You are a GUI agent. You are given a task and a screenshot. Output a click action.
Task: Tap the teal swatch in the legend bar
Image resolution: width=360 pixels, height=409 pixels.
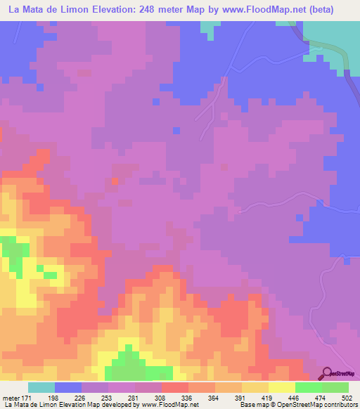(41, 387)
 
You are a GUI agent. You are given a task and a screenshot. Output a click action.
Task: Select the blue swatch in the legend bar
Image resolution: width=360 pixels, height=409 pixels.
(68, 387)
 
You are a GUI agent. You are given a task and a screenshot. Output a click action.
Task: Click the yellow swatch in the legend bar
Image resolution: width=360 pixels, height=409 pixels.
(282, 387)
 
